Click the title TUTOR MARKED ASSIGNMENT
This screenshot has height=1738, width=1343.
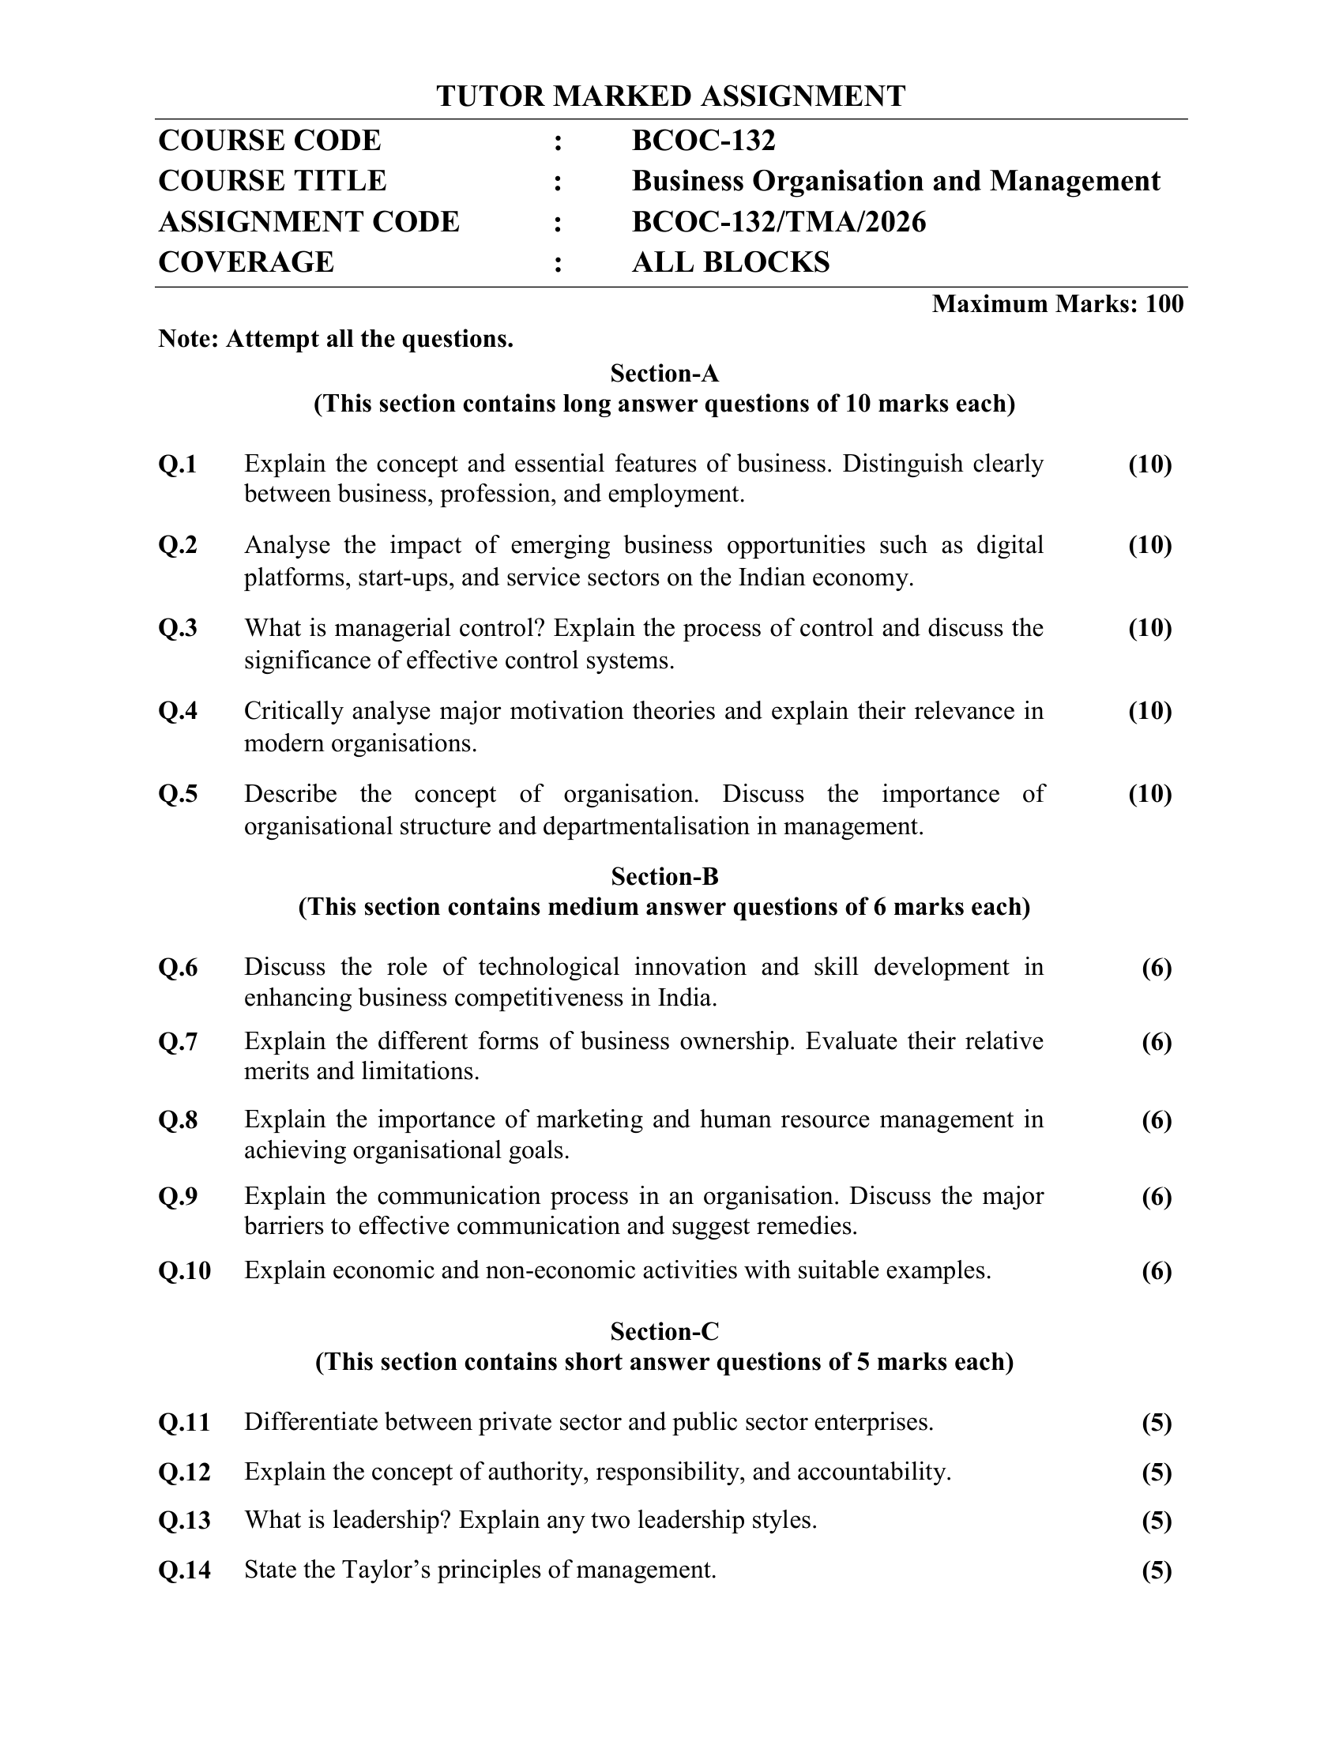click(671, 96)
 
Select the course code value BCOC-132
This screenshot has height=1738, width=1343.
click(703, 141)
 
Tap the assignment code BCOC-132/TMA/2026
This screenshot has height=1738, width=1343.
click(779, 222)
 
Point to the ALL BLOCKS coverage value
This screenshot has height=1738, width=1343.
click(731, 262)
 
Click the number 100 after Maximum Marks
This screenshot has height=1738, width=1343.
click(1164, 304)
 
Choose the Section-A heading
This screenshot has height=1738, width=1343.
click(664, 373)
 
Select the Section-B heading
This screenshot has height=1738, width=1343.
click(664, 876)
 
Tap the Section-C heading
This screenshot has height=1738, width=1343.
click(664, 1331)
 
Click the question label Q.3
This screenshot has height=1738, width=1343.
click(179, 629)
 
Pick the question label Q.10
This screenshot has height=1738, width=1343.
click(185, 1271)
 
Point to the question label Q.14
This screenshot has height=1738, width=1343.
click(185, 1570)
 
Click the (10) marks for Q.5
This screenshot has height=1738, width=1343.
click(1149, 794)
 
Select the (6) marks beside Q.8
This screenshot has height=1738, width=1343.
click(1157, 1120)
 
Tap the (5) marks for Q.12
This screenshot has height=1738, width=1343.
click(1157, 1473)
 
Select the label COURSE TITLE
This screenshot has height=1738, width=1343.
click(272, 182)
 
